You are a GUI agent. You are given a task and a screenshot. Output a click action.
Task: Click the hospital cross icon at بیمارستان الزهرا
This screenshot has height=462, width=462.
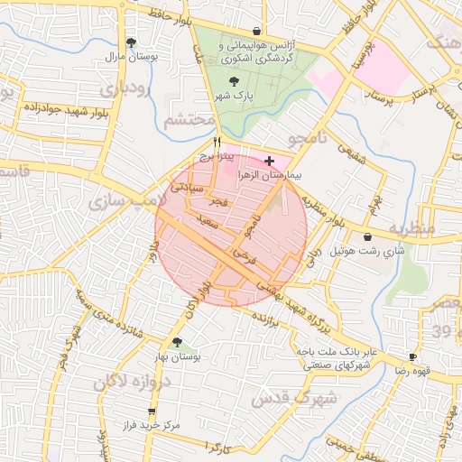point(270,160)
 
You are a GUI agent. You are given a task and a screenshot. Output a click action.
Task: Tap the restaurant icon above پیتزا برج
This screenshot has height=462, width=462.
point(217,142)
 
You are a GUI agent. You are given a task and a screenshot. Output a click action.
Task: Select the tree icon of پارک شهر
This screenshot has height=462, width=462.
point(236,81)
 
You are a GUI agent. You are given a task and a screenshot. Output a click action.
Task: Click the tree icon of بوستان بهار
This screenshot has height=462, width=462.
point(177,343)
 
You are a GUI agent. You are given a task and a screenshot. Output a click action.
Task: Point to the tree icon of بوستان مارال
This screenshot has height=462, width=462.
point(132,42)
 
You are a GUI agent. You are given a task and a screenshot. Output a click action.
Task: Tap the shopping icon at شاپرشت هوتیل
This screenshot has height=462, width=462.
point(367,236)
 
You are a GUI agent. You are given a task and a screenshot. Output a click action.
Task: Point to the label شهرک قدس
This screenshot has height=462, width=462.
point(293,398)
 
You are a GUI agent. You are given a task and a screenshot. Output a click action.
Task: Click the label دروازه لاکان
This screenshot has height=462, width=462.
point(136,383)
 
